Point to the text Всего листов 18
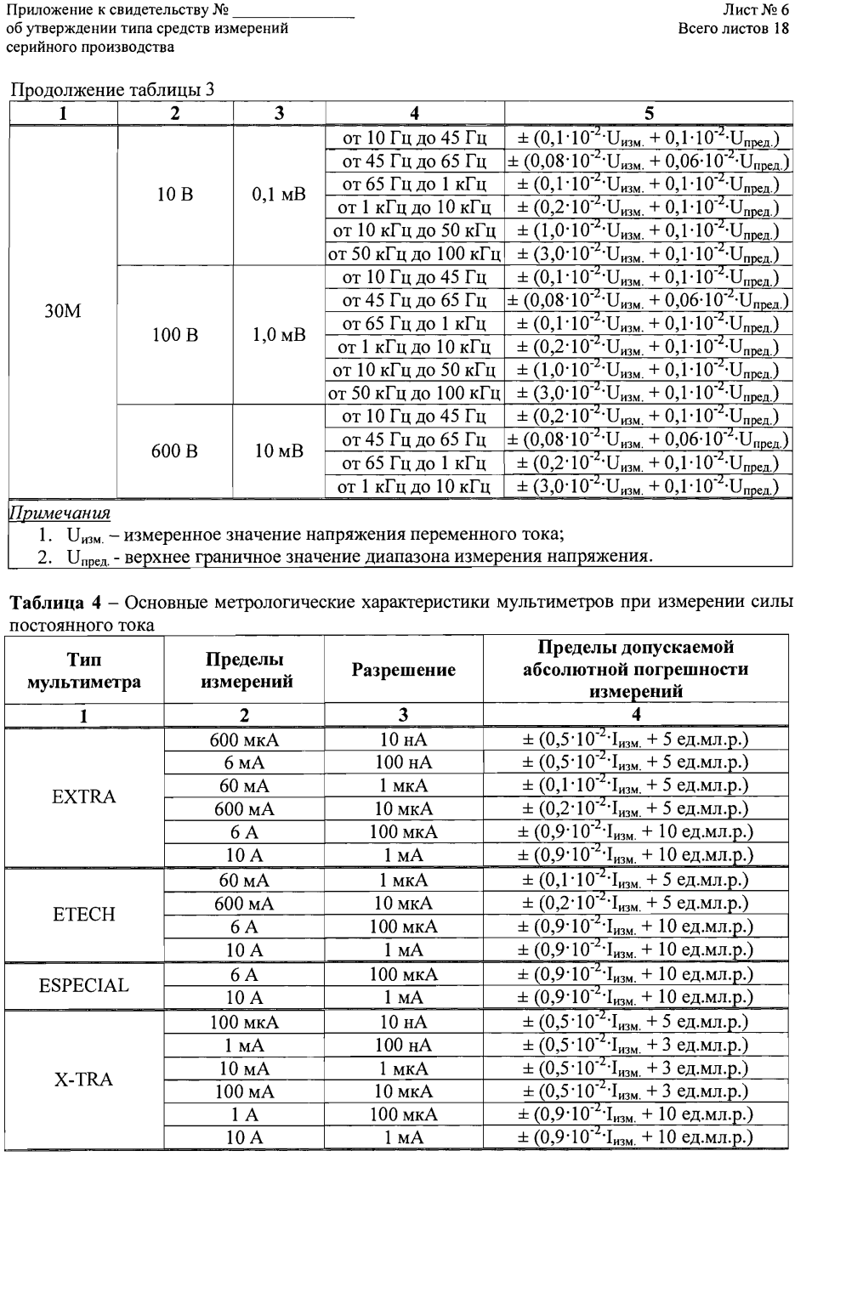click(734, 28)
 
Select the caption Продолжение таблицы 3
click(111, 90)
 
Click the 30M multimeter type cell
click(63, 312)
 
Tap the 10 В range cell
click(175, 196)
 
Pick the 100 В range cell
click(175, 335)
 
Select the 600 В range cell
click(175, 451)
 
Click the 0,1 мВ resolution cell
click(279, 196)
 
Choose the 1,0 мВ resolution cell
click(279, 335)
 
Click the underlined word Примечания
click(60, 513)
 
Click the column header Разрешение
click(403, 670)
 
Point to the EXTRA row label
click(83, 796)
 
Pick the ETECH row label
click(83, 915)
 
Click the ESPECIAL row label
click(83, 985)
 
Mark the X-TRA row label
click(83, 1080)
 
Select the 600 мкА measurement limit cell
click(244, 740)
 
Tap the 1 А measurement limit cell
click(244, 1114)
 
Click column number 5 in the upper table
click(648, 113)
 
